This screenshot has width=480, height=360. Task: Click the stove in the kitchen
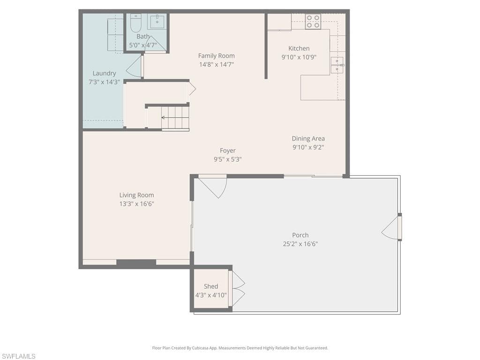coord(313,22)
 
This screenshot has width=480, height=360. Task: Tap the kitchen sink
coord(337,65)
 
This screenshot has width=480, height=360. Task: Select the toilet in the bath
coord(135,23)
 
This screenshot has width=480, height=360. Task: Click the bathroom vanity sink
coord(157,22)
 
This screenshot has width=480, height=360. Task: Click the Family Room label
coord(216,56)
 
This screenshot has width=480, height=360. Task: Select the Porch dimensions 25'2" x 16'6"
coord(300,244)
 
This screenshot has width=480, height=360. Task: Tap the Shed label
coord(211,286)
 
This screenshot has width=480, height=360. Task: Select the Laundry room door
coord(135,67)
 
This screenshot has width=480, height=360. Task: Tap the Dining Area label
coord(308,138)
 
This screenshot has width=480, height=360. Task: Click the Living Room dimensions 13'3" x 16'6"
coord(136,203)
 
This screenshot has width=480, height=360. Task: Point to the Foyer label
coord(228,150)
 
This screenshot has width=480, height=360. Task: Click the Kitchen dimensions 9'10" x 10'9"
coord(299,57)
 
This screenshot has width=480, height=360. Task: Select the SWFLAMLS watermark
coord(18,356)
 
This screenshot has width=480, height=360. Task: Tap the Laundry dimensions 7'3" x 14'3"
coord(104,82)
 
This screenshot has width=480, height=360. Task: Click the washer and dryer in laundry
coord(115,36)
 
